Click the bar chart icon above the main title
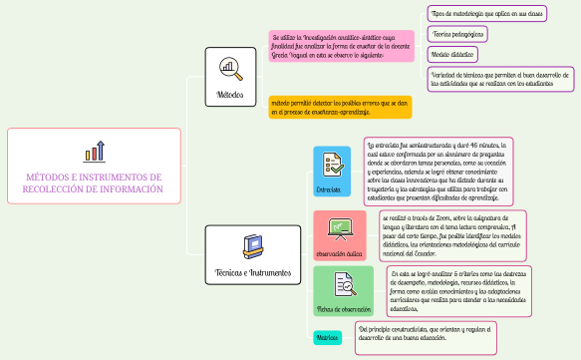tap(95, 152)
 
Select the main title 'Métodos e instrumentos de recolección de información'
tap(94, 182)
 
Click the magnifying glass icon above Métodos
tap(230, 68)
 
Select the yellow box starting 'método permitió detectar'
tap(339, 107)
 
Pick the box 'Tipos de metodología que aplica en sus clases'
tap(487, 14)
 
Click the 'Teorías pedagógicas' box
tap(459, 34)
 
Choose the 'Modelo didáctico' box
tap(452, 54)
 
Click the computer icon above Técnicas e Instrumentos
tap(253, 243)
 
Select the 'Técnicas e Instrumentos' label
tap(253, 272)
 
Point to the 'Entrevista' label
tap(330, 188)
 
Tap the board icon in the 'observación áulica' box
tap(337, 228)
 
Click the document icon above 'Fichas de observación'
tap(343, 284)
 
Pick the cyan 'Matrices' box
tap(327, 338)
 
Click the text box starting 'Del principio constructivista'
tap(426, 333)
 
